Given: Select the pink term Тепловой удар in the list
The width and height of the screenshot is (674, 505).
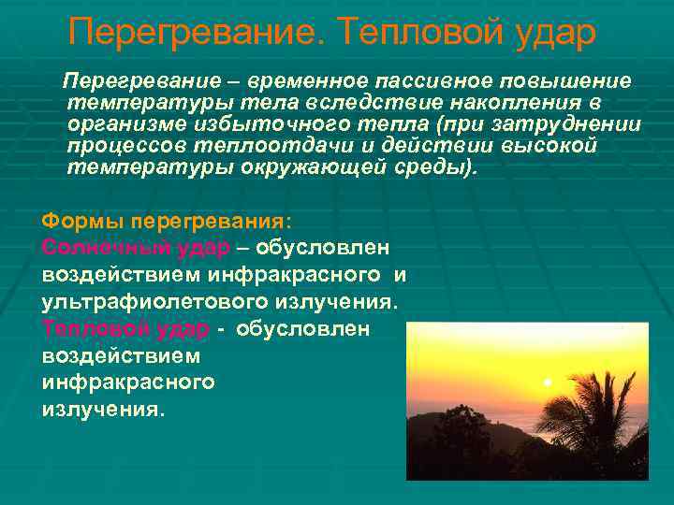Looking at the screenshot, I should [125, 329].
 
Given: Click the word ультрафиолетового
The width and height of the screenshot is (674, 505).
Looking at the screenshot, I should [154, 302].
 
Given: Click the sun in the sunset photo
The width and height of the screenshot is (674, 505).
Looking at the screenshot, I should [546, 382].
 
